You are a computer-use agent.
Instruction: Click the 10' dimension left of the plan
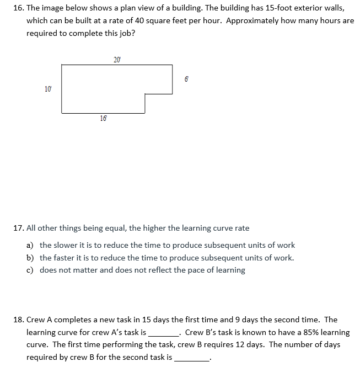[x=48, y=88]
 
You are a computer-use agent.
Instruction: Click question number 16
[x=17, y=8]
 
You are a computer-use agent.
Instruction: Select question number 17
[x=17, y=228]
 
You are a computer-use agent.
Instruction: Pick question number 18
[x=17, y=320]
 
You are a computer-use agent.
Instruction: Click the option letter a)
[x=31, y=245]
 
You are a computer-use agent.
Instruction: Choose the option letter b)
[x=31, y=258]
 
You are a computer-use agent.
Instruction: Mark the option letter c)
[x=31, y=270]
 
